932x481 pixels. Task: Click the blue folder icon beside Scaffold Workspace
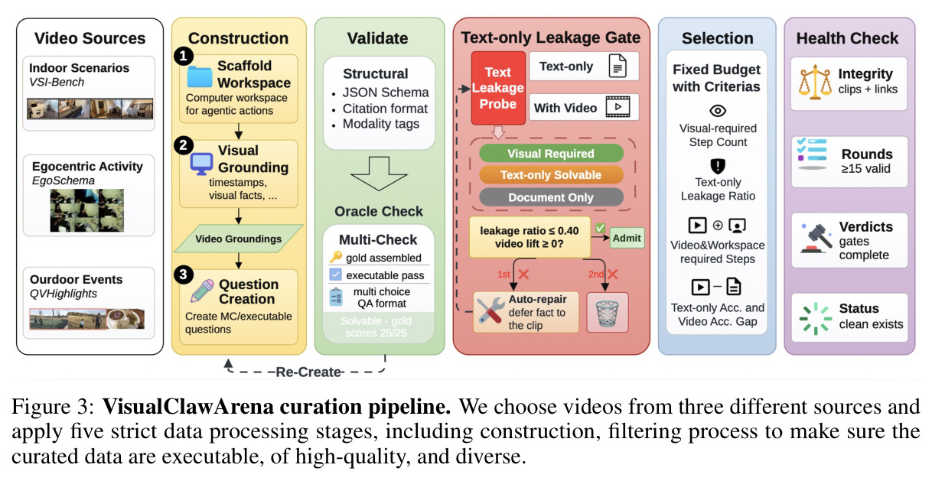click(x=199, y=76)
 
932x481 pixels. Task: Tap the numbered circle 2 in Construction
click(x=184, y=146)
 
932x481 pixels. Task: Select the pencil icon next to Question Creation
click(x=202, y=291)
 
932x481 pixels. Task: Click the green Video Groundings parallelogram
click(x=239, y=239)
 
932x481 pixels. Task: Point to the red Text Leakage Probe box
click(x=498, y=88)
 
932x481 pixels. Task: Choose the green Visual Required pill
click(x=551, y=154)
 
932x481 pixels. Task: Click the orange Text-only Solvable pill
click(x=551, y=175)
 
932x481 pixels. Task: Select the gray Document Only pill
click(x=551, y=197)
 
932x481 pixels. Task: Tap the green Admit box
click(x=627, y=238)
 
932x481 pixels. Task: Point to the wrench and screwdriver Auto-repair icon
click(x=490, y=311)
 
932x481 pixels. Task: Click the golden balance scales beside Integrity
click(x=815, y=83)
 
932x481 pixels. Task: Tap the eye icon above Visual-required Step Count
click(x=718, y=111)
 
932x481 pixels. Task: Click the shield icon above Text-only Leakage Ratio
click(x=718, y=166)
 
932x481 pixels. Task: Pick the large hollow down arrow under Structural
click(x=379, y=174)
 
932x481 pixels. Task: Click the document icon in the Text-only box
click(x=618, y=66)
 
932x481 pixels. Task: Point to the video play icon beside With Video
click(x=618, y=107)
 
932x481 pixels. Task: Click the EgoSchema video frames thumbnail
click(x=87, y=210)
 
